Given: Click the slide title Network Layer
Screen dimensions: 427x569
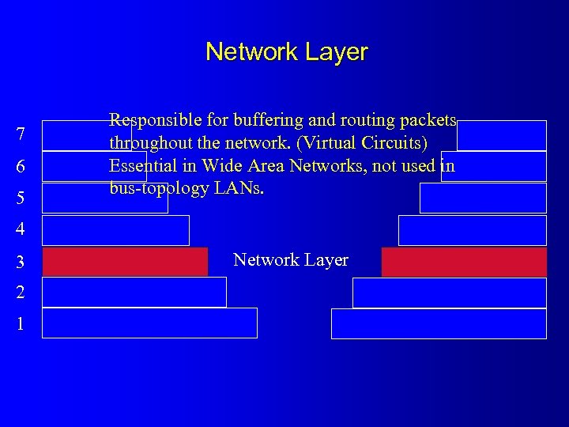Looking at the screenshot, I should point(286,52).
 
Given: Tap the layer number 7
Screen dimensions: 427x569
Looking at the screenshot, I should point(21,135).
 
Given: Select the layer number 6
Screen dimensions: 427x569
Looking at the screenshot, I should point(21,167).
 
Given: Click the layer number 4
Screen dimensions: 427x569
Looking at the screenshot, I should point(21,230).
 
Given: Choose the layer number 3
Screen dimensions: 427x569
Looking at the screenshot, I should point(21,262).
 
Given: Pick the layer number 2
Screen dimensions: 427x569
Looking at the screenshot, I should point(21,293).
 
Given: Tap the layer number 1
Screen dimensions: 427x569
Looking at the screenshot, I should point(21,324).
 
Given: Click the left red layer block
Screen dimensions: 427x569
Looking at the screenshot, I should point(125,262).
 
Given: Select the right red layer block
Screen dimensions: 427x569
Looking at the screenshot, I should point(464,262).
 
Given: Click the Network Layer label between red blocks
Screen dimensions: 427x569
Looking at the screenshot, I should point(291,260).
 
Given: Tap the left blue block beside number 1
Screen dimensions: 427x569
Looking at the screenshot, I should point(149,323).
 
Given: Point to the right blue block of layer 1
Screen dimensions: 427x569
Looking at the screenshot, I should point(439,323).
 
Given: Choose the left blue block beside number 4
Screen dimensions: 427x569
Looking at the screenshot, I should point(115,230).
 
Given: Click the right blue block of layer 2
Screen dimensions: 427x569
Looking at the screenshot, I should point(449,293).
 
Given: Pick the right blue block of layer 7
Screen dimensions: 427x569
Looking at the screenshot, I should point(502,135).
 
